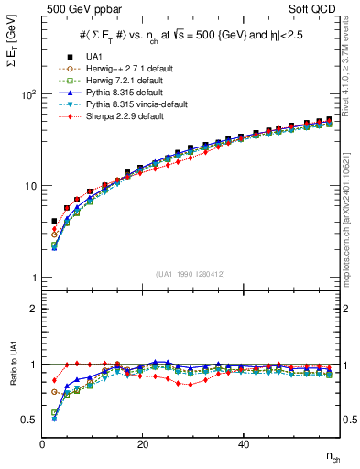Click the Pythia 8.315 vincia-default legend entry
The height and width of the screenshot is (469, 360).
127,104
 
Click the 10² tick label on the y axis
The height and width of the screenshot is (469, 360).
27,95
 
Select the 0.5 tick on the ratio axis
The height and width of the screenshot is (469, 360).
28,420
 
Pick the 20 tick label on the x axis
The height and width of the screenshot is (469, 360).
142,444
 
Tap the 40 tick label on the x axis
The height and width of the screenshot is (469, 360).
243,444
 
